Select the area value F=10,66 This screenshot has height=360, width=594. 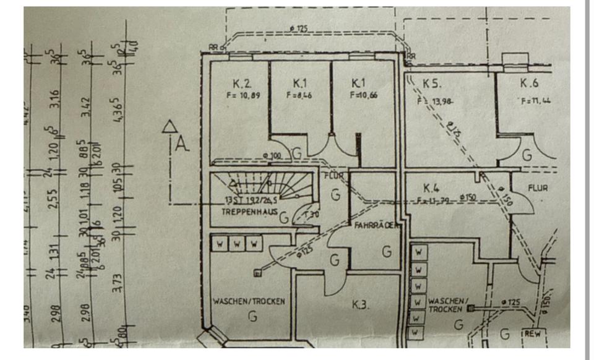[x=364, y=95]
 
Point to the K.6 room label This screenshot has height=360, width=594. [x=529, y=84]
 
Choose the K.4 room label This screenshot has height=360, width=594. [x=431, y=187]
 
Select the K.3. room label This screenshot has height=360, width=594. [x=361, y=304]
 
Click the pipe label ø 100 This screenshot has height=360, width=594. [x=272, y=155]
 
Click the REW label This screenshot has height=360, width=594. [x=533, y=333]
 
